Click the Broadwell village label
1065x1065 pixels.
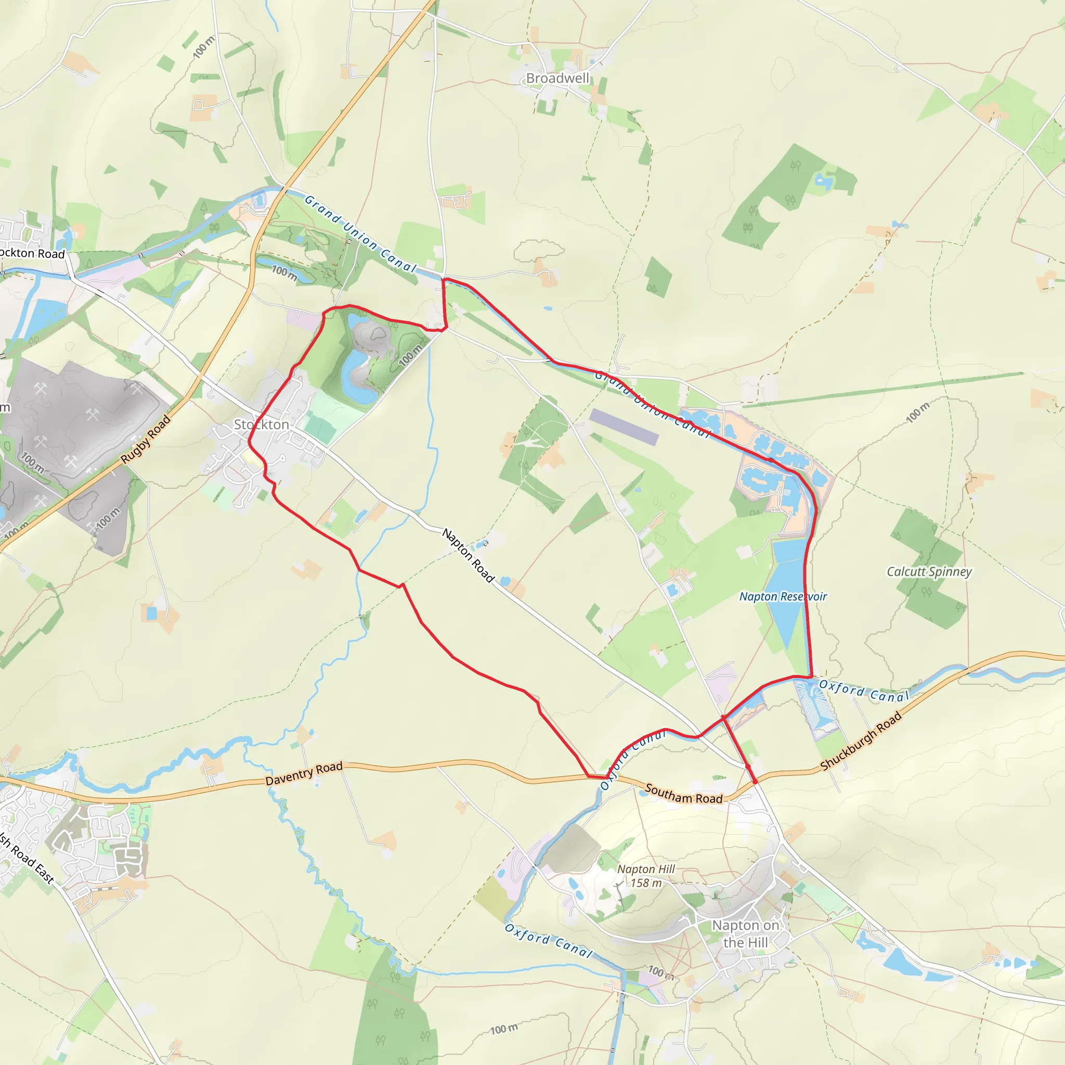[557, 79]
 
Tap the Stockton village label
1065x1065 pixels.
[261, 424]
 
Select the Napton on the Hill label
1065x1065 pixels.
[745, 934]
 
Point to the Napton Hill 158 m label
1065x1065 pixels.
[645, 876]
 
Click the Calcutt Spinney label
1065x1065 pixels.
[929, 572]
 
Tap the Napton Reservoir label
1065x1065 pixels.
[783, 596]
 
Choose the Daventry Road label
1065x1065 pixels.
[304, 773]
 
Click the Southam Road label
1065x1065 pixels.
[683, 794]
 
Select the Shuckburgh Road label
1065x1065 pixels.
[861, 741]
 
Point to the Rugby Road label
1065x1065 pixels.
[146, 439]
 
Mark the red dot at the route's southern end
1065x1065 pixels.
[755, 782]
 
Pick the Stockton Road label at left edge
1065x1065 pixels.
[32, 254]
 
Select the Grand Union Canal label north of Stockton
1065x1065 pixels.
[360, 235]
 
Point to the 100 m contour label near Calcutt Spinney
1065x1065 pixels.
[918, 412]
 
